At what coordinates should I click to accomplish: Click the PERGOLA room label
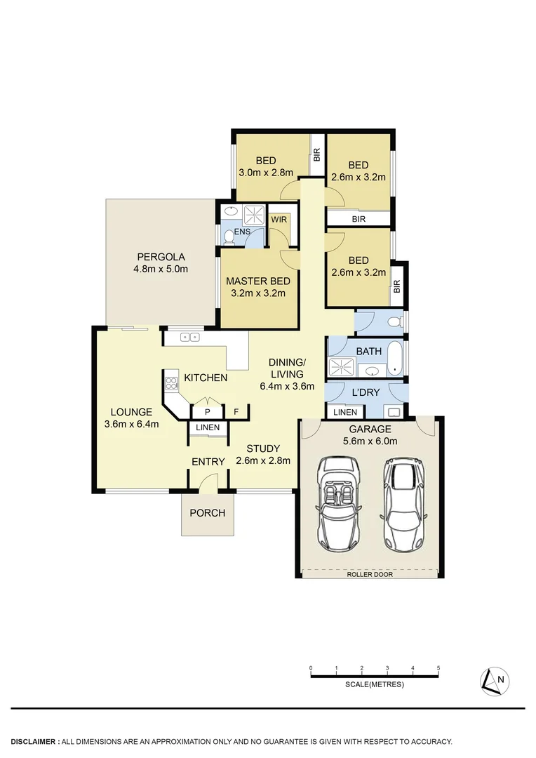click(161, 257)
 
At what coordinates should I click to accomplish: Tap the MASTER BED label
click(258, 281)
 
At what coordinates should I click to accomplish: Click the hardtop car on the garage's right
click(402, 503)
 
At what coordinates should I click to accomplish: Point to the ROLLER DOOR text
click(370, 574)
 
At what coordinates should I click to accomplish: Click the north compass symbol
click(495, 680)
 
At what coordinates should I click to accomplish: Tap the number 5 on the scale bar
click(438, 668)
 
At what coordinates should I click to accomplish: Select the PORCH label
click(208, 513)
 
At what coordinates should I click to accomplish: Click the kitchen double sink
click(189, 338)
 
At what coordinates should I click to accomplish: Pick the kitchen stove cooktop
click(171, 384)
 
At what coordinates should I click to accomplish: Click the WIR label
click(279, 220)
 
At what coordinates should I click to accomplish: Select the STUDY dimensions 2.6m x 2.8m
click(263, 461)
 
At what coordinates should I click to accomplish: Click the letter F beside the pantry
click(236, 412)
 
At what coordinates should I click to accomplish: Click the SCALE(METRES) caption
click(375, 685)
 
